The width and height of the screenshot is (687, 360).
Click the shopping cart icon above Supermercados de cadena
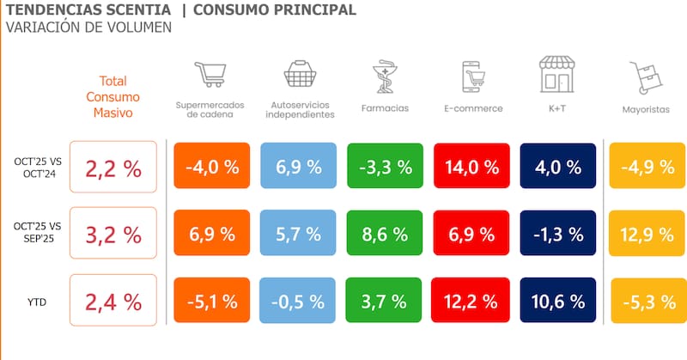[210, 75]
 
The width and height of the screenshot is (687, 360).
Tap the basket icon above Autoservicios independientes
[299, 75]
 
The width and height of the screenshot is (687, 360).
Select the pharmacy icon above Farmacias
[385, 76]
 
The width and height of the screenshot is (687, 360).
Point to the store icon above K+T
[556, 75]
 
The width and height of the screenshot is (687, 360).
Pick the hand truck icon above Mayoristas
[645, 78]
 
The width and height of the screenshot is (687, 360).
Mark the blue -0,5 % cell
[298, 302]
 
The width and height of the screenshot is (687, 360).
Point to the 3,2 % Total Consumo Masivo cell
[112, 234]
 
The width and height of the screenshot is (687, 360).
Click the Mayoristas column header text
[646, 109]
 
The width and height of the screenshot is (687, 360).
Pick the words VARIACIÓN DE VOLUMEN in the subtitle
[88, 27]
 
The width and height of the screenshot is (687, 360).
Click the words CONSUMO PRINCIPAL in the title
[274, 10]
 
